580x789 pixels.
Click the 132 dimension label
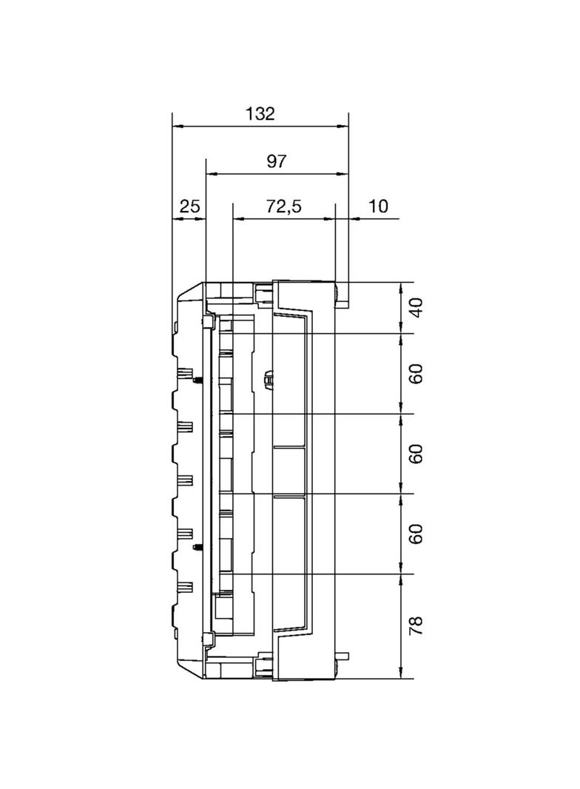click(260, 114)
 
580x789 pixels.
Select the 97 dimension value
click(276, 161)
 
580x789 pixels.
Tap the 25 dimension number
click(189, 206)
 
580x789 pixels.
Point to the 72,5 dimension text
click(284, 206)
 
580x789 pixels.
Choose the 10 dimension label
click(378, 206)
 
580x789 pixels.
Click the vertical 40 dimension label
click(416, 307)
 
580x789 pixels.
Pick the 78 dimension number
click(416, 625)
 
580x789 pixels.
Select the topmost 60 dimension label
click(416, 373)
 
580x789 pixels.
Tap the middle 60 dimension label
click(416, 454)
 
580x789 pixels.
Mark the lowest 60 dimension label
click(416, 534)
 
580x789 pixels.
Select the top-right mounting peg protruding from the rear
click(343, 304)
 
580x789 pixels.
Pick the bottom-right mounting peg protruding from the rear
click(343, 656)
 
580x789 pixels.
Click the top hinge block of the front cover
click(209, 322)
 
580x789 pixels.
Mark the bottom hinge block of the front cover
click(209, 639)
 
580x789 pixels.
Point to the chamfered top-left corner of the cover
click(187, 292)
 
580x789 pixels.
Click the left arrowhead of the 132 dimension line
click(176, 126)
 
